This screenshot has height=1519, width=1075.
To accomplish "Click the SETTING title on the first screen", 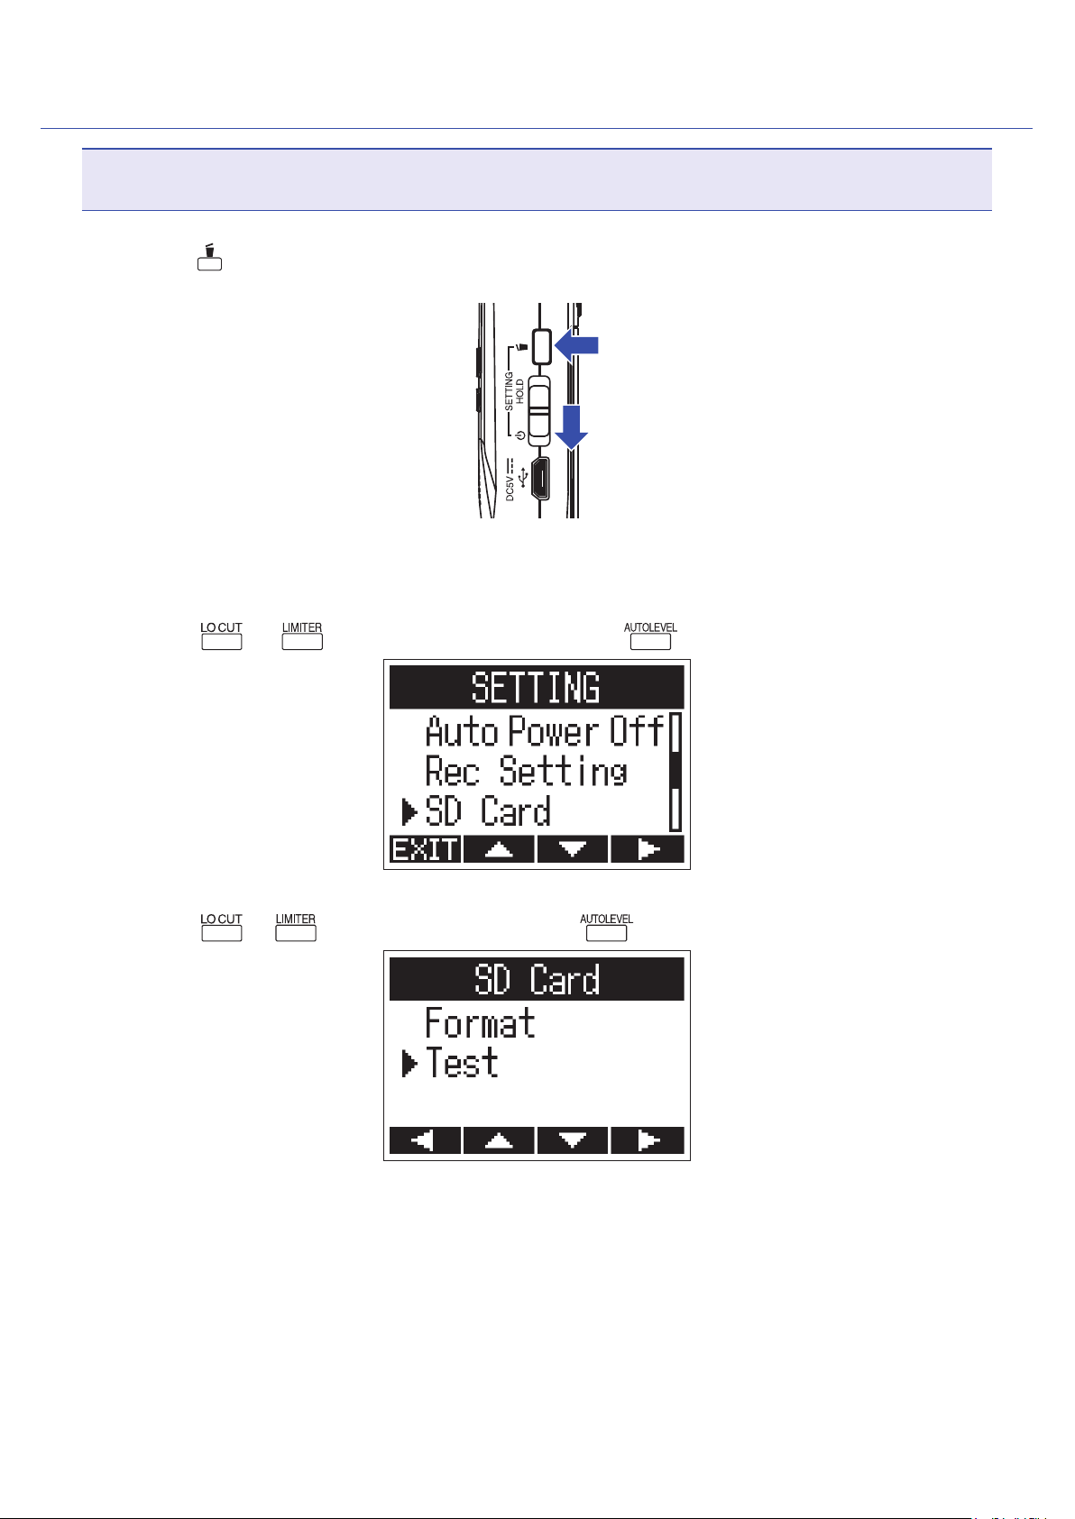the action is tap(536, 688).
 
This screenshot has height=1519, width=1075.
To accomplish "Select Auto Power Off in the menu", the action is tap(545, 731).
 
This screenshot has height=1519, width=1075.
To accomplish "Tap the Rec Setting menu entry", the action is tap(526, 772).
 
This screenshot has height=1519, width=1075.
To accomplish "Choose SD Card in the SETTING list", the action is tap(488, 811).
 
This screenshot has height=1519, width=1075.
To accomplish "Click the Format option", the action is tap(480, 1023).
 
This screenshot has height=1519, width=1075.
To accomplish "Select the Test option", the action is tap(462, 1064).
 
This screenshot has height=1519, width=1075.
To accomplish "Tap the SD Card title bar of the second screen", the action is tap(536, 979).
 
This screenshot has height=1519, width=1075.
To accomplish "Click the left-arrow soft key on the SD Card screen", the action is tap(425, 1140).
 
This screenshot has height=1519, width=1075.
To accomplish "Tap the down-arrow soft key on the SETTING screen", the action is tap(573, 849).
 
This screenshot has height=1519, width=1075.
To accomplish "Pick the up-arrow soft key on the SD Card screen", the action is tap(499, 1140).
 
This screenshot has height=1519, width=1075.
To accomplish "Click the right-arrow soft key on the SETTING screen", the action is tap(647, 849).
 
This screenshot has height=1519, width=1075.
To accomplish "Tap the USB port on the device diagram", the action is tap(540, 478).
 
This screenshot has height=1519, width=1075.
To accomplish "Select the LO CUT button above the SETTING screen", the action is tap(221, 641).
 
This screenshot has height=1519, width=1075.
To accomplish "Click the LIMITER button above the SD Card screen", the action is tap(296, 932).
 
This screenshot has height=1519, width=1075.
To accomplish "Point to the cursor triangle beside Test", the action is tap(409, 1064).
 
